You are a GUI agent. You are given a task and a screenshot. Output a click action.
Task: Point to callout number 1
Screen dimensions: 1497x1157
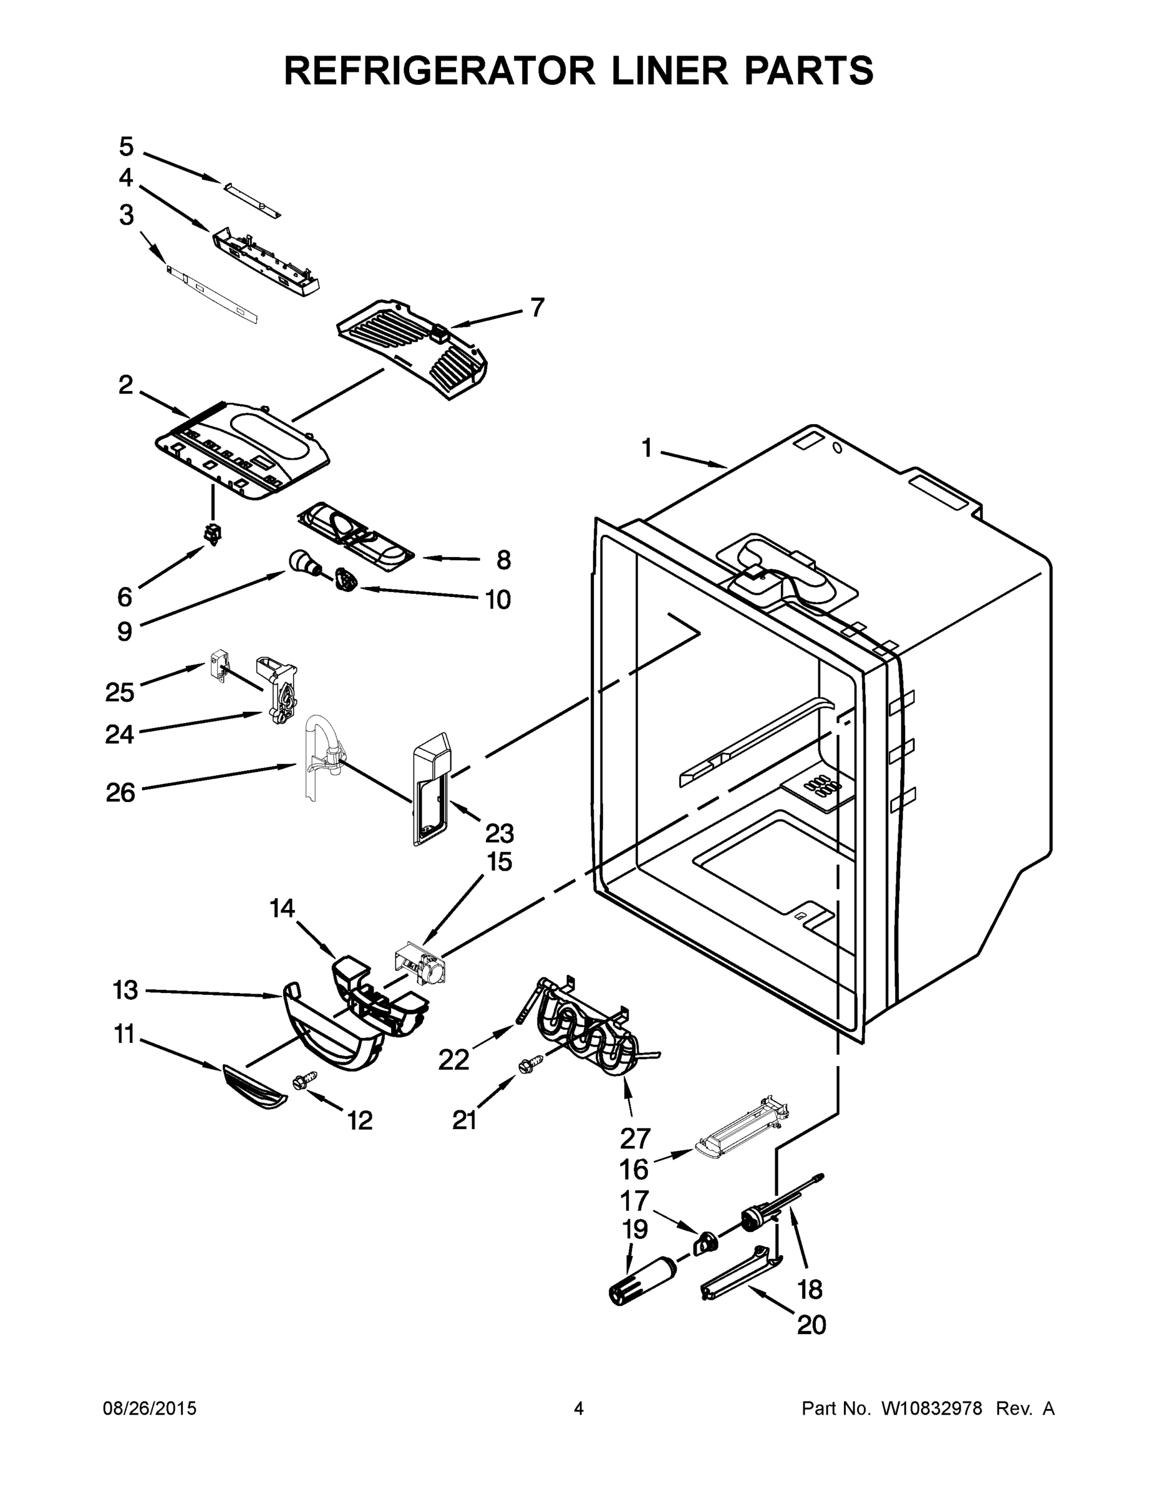[x=646, y=448]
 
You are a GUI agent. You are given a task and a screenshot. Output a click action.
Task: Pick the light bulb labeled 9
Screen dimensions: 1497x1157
[x=303, y=562]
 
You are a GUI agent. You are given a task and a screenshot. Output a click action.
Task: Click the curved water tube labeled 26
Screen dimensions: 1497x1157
[x=317, y=750]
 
